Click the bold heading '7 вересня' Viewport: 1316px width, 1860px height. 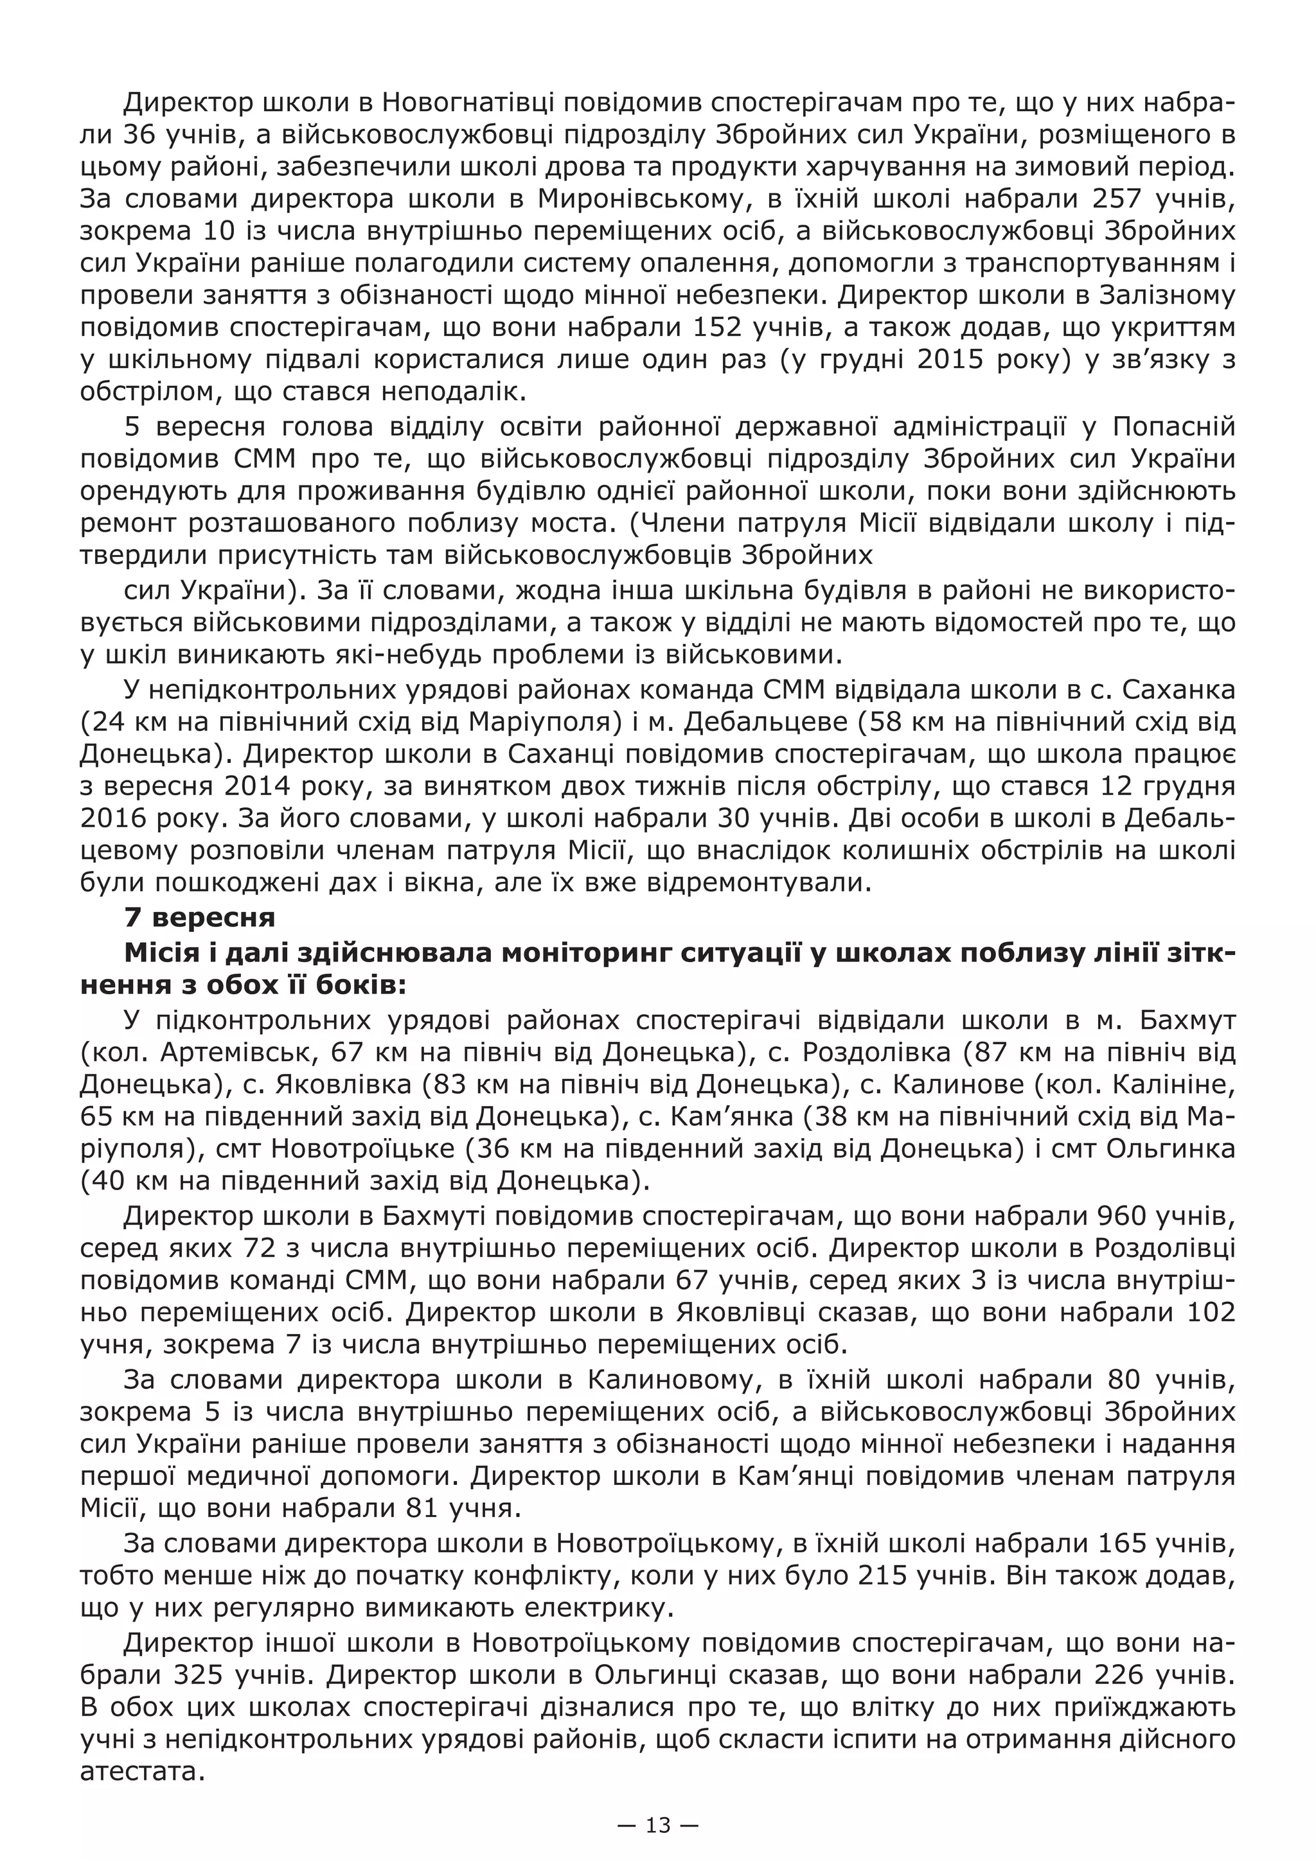199,917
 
